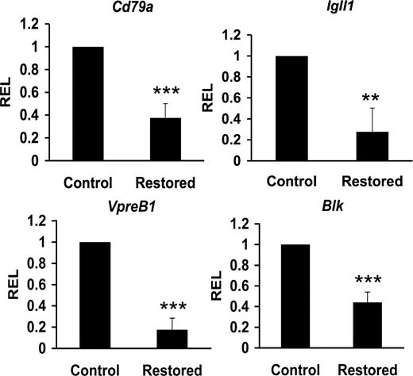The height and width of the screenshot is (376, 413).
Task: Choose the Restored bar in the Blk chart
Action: (368, 326)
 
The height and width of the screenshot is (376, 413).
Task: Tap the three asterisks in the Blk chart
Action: (368, 279)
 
